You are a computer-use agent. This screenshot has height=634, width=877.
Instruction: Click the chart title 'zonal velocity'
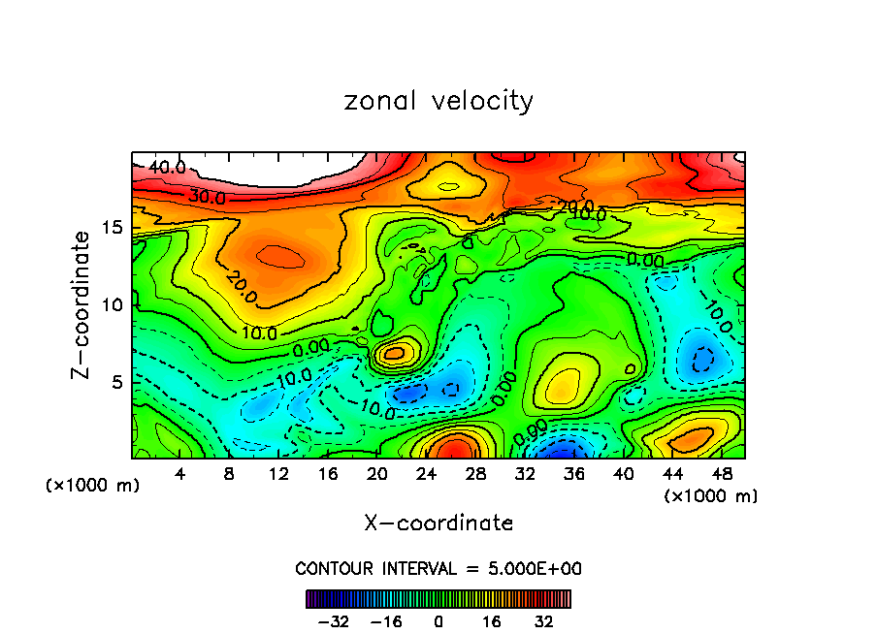click(438, 101)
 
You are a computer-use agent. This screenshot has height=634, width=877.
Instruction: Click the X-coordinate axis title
click(438, 523)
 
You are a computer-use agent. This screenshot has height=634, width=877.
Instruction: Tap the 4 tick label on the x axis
click(180, 474)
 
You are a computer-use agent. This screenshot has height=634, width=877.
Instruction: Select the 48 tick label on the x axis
click(721, 474)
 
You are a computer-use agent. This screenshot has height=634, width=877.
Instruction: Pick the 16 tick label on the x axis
click(328, 474)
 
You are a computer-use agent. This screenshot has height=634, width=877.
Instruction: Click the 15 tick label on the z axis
click(114, 228)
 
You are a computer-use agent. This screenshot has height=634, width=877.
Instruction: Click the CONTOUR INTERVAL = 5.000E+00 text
click(438, 568)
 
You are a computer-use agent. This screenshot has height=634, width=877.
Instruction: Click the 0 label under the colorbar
click(438, 621)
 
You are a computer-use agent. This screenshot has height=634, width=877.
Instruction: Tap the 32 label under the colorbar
click(544, 621)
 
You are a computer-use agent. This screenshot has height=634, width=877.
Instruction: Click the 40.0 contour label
click(167, 168)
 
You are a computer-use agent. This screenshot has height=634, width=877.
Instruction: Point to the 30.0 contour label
click(207, 197)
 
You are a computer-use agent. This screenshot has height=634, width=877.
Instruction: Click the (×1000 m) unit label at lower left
click(93, 486)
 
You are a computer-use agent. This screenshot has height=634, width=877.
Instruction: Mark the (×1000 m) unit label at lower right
click(711, 496)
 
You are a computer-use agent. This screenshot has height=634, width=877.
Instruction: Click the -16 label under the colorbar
click(386, 621)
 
